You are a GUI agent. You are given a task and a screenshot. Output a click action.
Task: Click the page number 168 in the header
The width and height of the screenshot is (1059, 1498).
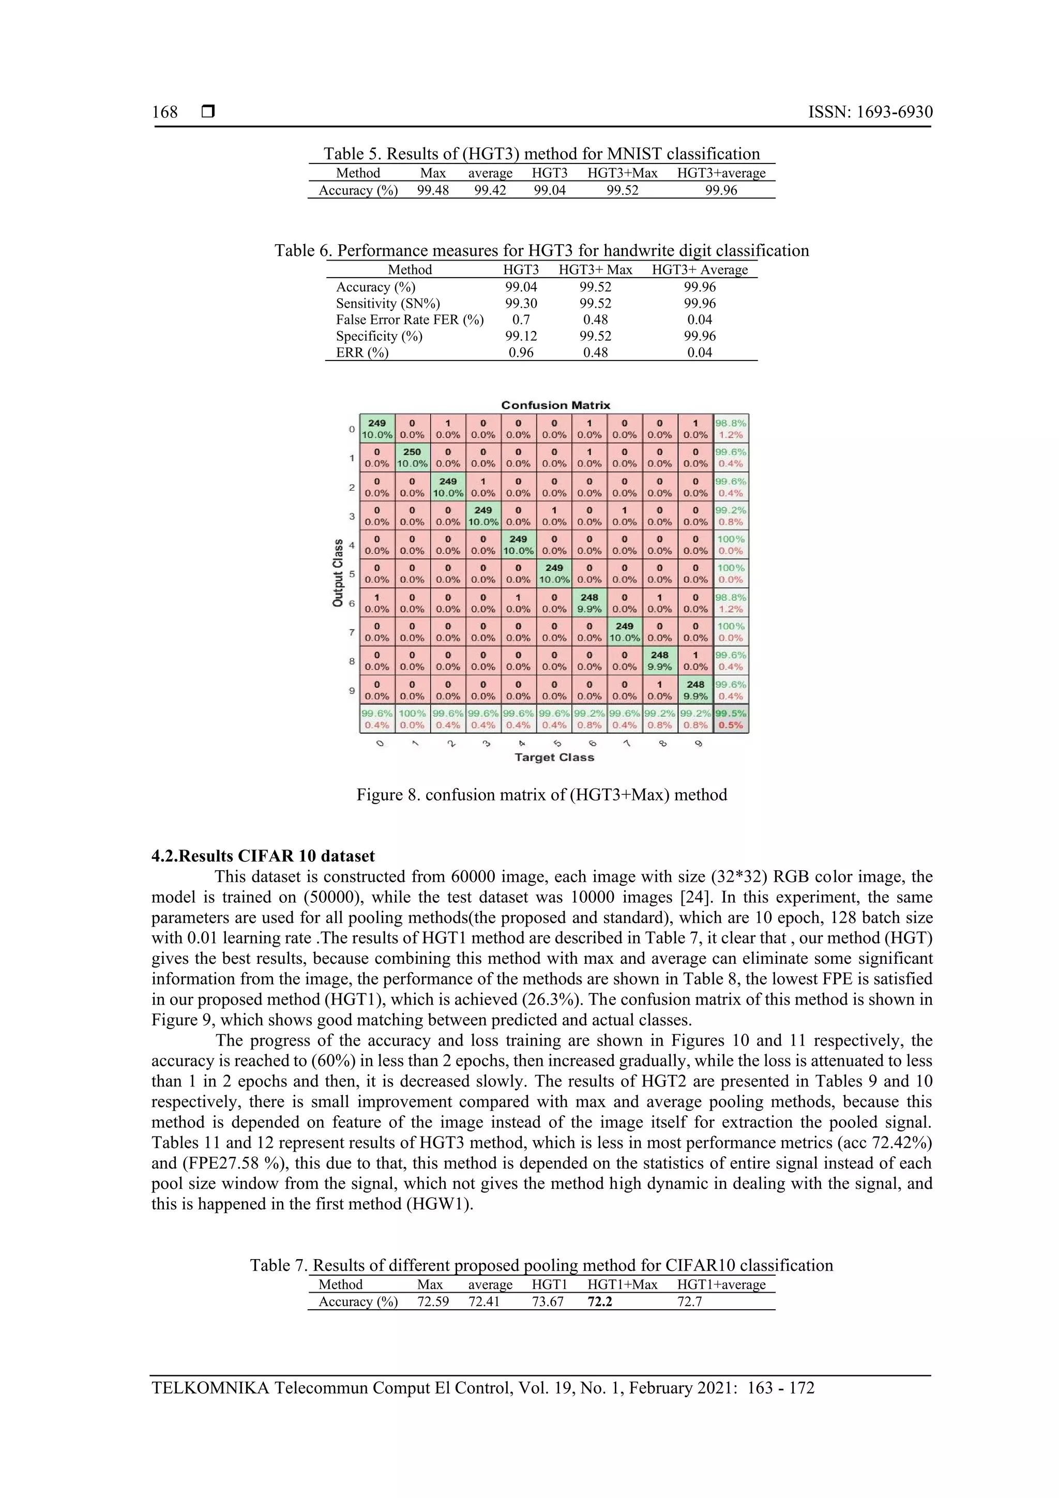[x=164, y=112]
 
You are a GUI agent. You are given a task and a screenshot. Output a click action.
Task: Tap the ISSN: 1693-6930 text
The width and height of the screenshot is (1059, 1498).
[x=870, y=112]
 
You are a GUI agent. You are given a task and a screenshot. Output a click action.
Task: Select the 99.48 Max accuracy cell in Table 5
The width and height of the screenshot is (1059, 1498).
[x=433, y=190]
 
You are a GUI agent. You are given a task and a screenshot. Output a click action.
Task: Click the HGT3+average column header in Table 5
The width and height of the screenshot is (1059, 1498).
[x=721, y=173]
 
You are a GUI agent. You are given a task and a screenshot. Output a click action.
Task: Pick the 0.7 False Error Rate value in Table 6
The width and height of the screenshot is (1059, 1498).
[x=521, y=320]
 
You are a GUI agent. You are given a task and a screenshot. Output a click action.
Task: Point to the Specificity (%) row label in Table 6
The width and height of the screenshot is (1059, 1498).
[x=379, y=336]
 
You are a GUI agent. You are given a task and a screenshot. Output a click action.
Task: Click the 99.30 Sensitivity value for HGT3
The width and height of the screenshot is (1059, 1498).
[x=521, y=304]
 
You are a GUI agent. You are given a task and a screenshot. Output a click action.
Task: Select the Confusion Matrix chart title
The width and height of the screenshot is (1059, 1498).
[x=555, y=405]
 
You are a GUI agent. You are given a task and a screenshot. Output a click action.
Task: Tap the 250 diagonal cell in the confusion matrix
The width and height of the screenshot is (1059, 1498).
[x=412, y=457]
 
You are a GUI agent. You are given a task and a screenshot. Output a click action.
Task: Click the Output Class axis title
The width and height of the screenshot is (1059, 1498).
[x=338, y=573]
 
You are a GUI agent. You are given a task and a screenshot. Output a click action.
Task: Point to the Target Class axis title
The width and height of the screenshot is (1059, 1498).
[x=554, y=758]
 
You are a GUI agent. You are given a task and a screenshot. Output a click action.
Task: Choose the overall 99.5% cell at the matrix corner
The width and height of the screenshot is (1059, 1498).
[x=731, y=719]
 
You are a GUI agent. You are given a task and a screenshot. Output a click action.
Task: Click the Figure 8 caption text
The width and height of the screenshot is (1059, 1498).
[x=541, y=795]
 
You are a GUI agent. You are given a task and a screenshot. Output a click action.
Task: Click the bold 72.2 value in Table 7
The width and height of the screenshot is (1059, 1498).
[x=600, y=1302]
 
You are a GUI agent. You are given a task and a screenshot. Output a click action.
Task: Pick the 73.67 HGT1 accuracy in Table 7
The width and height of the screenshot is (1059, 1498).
[x=548, y=1302]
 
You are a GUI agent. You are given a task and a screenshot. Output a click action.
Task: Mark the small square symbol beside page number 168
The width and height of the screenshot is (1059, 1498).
[x=207, y=112]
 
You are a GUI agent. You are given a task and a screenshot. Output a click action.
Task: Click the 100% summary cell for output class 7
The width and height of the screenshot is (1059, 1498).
[x=731, y=631]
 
